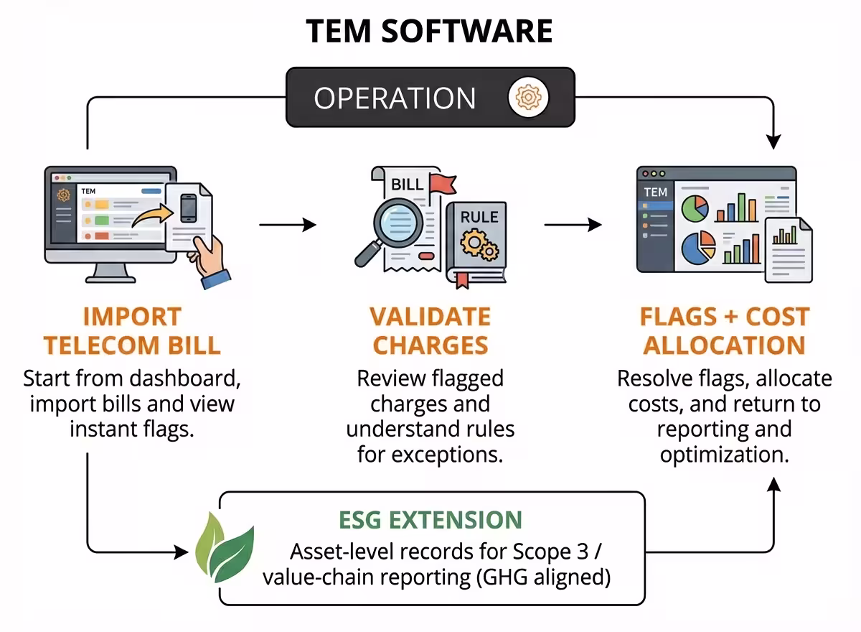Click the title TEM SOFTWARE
pos(430,31)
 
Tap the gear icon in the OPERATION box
pos(529,97)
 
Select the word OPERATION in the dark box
pos(395,98)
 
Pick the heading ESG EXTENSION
pos(430,520)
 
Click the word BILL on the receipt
pos(407,185)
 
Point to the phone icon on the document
pos(189,208)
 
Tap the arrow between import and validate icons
pos(287,226)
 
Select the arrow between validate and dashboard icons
pos(573,226)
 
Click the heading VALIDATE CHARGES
pos(430,330)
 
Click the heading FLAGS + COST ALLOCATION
pos(724,330)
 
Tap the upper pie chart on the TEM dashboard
pos(695,208)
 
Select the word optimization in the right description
pos(724,455)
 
